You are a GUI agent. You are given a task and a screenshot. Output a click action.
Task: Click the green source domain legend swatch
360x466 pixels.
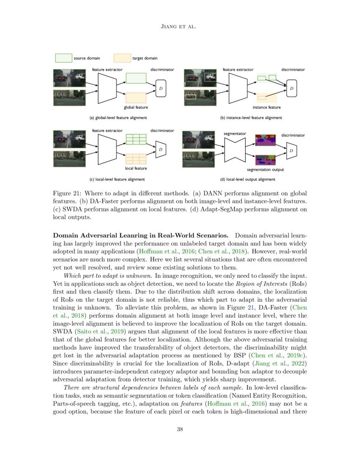(x=63, y=58)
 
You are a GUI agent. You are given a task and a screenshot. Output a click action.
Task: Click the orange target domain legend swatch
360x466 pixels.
(x=122, y=58)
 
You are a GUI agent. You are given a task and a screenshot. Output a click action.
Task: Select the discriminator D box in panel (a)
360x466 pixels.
(x=161, y=88)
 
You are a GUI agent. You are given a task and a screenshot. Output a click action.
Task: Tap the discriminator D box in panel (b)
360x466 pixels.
(x=291, y=88)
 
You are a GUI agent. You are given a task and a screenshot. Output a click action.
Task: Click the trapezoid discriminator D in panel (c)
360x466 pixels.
(x=161, y=149)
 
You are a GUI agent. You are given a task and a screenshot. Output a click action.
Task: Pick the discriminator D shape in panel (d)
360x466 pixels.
(x=291, y=151)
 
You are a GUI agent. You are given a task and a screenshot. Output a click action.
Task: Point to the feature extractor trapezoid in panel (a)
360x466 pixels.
(x=107, y=88)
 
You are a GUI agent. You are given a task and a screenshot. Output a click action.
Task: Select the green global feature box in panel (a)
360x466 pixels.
(x=136, y=78)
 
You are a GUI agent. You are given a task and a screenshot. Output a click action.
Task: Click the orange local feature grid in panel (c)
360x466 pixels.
(x=136, y=158)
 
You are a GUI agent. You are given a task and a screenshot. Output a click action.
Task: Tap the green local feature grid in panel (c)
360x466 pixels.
(x=136, y=139)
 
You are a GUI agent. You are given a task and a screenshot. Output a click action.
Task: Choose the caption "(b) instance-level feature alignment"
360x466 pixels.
(x=251, y=118)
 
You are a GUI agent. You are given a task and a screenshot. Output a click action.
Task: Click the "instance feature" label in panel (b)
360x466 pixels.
(x=263, y=108)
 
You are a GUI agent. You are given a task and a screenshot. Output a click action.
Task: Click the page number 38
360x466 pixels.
(x=180, y=430)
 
